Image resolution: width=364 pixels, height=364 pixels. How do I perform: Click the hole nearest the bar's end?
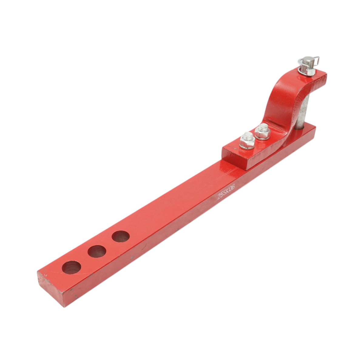[x=71, y=268]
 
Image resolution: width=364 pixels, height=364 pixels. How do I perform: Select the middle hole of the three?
[x=97, y=251]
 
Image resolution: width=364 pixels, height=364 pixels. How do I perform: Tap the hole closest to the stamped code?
[x=120, y=236]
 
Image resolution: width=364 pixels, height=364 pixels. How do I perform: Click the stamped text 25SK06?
[x=226, y=191]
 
